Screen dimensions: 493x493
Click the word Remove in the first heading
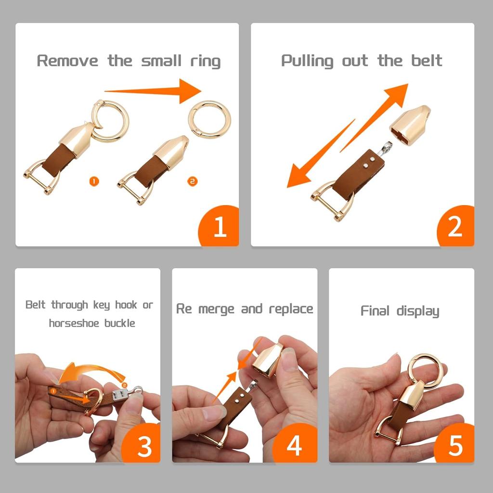pyautogui.click(x=67, y=60)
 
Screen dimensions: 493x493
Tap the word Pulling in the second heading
pyautogui.click(x=307, y=61)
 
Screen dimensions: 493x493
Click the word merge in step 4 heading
pyautogui.click(x=216, y=309)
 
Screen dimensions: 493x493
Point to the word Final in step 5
pyautogui.click(x=375, y=311)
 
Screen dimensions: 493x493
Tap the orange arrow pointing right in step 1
pyautogui.click(x=153, y=91)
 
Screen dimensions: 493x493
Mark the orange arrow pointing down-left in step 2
pyautogui.click(x=321, y=154)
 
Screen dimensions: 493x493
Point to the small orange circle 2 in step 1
pyautogui.click(x=193, y=181)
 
